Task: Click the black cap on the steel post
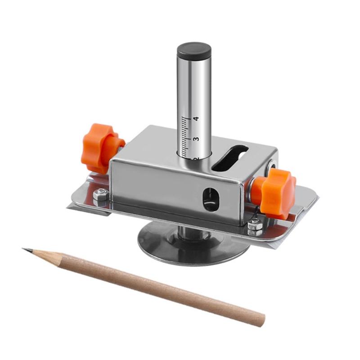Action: [194, 51]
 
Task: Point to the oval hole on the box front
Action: [210, 198]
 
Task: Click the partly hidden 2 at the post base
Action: [195, 159]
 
